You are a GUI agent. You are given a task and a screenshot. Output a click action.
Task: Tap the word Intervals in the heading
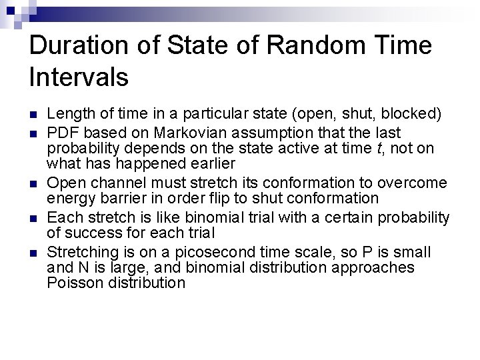(79, 77)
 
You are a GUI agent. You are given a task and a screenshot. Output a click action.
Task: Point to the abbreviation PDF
(63, 133)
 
